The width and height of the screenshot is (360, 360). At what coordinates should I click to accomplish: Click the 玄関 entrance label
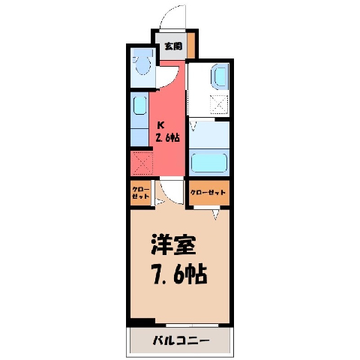coord(173,46)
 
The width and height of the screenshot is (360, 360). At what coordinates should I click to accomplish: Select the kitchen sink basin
coord(139,106)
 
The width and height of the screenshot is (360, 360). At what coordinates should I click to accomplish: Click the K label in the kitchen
coord(160,125)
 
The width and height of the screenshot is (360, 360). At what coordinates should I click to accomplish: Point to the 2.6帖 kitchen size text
coord(168,137)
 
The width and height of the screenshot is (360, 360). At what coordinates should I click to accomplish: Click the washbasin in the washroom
coord(220,76)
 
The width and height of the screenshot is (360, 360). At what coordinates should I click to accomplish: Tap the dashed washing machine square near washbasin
coord(219,104)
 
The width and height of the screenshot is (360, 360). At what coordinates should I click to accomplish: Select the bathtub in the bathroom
coord(209,163)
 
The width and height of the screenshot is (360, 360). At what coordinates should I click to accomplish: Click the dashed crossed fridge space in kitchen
coord(142,163)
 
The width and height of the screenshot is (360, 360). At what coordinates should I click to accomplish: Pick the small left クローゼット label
coord(141,193)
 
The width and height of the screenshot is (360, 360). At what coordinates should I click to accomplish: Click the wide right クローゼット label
coord(208,193)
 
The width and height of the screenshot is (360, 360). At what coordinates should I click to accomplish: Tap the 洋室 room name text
coord(173,244)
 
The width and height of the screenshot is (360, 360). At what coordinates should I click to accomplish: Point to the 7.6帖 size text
coord(179,273)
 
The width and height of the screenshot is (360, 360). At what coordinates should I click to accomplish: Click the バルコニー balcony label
coord(181,340)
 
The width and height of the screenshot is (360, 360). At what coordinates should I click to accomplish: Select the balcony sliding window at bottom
coord(192,325)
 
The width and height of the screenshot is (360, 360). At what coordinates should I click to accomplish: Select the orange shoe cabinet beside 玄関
coord(191,45)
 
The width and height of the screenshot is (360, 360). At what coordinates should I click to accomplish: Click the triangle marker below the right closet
coord(215,214)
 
